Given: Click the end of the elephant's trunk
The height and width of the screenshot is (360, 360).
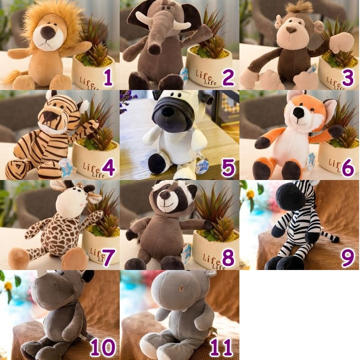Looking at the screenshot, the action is pyautogui.click(x=154, y=49).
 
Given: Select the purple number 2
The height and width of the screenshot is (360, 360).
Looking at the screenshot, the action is pyautogui.click(x=228, y=77).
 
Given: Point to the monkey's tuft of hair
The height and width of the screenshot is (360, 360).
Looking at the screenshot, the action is pyautogui.click(x=299, y=7).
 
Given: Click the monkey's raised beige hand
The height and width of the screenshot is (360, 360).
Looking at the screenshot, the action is pyautogui.click(x=342, y=42).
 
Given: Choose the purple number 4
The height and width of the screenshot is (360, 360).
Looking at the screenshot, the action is pyautogui.click(x=108, y=167).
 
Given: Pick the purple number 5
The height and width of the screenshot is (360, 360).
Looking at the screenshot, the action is pyautogui.click(x=228, y=167).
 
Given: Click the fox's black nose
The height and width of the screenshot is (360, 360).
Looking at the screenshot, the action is pyautogui.click(x=298, y=112).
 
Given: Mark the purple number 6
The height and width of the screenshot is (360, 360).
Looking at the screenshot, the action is pyautogui.click(x=347, y=167).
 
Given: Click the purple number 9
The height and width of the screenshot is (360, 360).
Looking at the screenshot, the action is pyautogui.click(x=347, y=257).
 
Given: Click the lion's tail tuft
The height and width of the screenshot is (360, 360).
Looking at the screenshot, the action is pyautogui.click(x=10, y=77).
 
